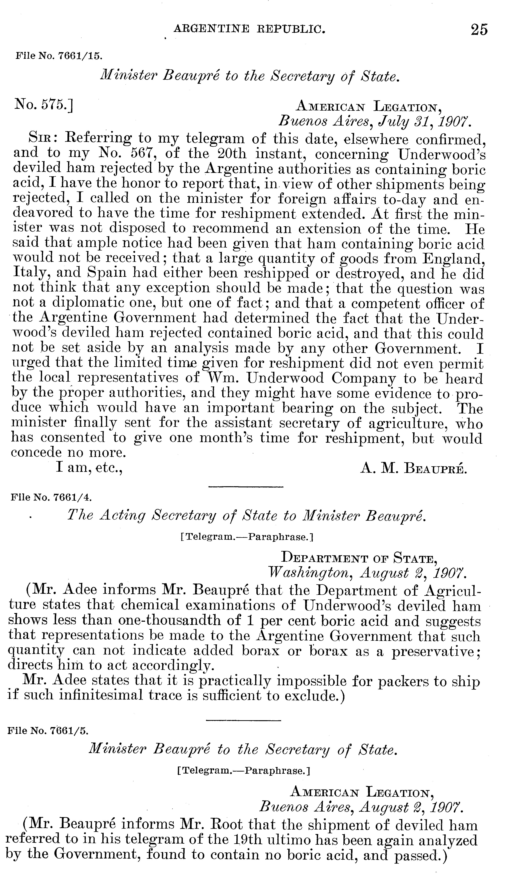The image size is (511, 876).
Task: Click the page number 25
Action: pos(479,30)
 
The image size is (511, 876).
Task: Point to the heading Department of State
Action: pos(358,559)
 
